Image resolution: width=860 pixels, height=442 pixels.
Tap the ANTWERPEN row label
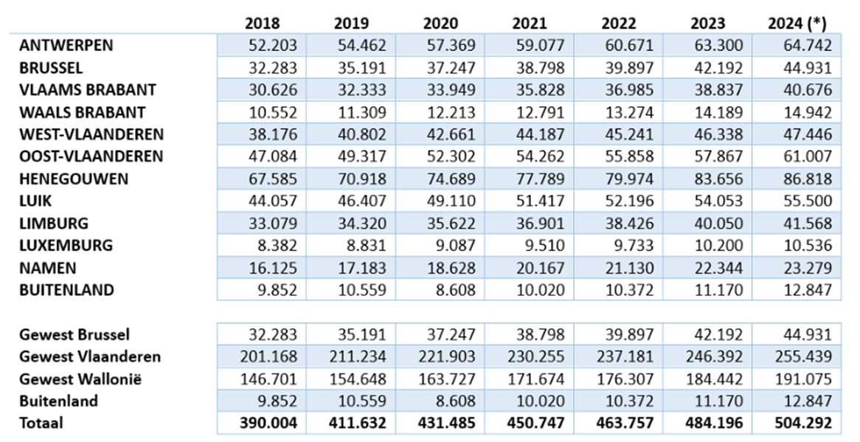[66, 45]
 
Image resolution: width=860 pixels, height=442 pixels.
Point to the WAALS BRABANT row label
[83, 112]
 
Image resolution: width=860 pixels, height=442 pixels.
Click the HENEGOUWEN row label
[74, 179]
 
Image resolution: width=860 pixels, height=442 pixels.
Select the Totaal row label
[42, 423]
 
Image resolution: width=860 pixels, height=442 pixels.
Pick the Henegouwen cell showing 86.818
[807, 179]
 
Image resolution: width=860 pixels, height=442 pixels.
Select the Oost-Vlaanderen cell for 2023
[718, 157]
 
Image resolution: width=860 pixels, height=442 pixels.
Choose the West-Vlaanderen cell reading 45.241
[630, 135]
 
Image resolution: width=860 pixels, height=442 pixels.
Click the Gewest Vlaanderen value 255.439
[802, 357]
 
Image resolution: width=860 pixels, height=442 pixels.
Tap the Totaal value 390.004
[269, 424]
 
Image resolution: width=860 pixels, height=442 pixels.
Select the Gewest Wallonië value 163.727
[448, 379]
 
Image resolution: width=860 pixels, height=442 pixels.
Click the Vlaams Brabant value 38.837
[718, 90]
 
